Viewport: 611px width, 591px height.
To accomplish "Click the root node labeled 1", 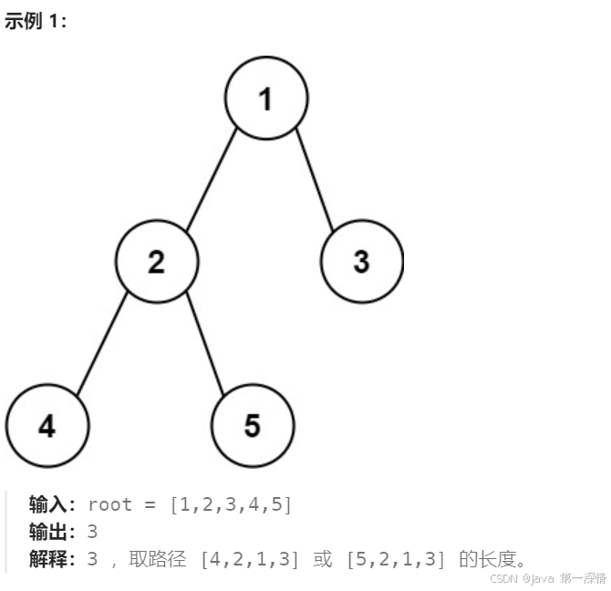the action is click(x=266, y=98).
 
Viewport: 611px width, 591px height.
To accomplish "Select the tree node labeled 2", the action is click(x=157, y=262).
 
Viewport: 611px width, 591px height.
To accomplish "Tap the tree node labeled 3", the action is click(x=361, y=262).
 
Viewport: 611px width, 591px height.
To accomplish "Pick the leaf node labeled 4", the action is click(x=47, y=426).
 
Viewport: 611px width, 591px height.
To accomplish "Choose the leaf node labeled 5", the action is click(x=253, y=426).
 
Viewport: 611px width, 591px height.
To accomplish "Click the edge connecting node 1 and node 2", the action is click(x=212, y=180).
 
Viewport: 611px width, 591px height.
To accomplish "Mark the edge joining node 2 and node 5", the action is click(x=205, y=344).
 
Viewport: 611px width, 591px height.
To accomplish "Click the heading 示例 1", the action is click(x=36, y=21).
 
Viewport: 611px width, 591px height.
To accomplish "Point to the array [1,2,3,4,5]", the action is click(x=231, y=505).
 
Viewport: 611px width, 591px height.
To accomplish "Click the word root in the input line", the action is click(x=109, y=505).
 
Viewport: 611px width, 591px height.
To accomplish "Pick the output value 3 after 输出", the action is click(x=92, y=532).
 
